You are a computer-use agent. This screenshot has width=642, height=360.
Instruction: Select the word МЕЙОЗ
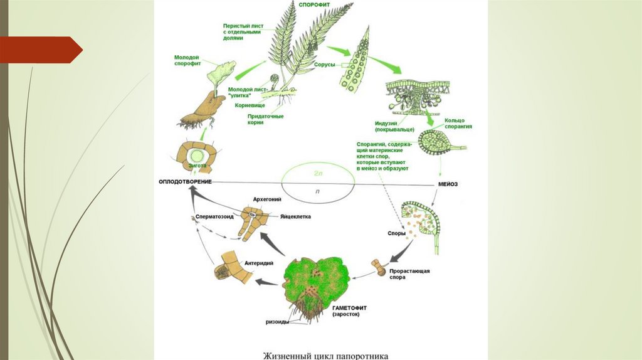pyautogui.click(x=449, y=184)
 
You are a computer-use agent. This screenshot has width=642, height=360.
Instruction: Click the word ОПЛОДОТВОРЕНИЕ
pyautogui.click(x=184, y=182)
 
